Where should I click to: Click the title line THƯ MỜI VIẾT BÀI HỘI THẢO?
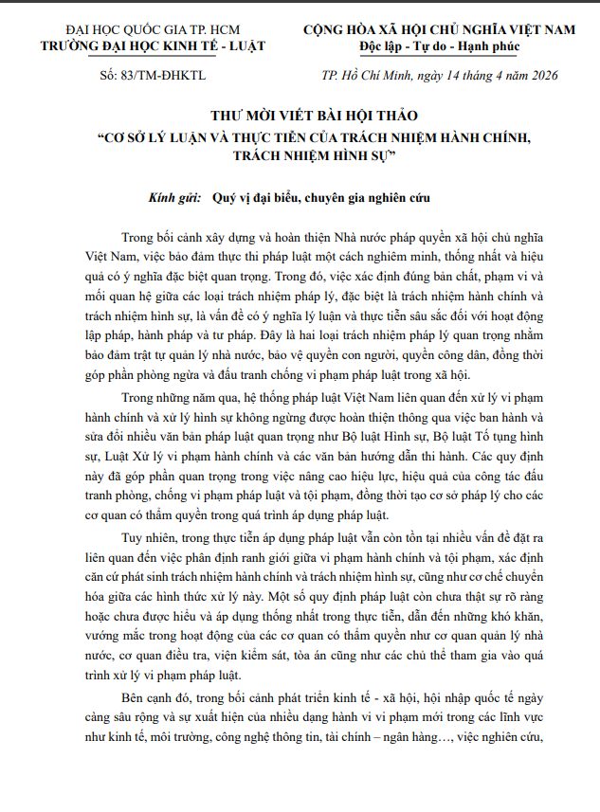click(300, 117)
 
